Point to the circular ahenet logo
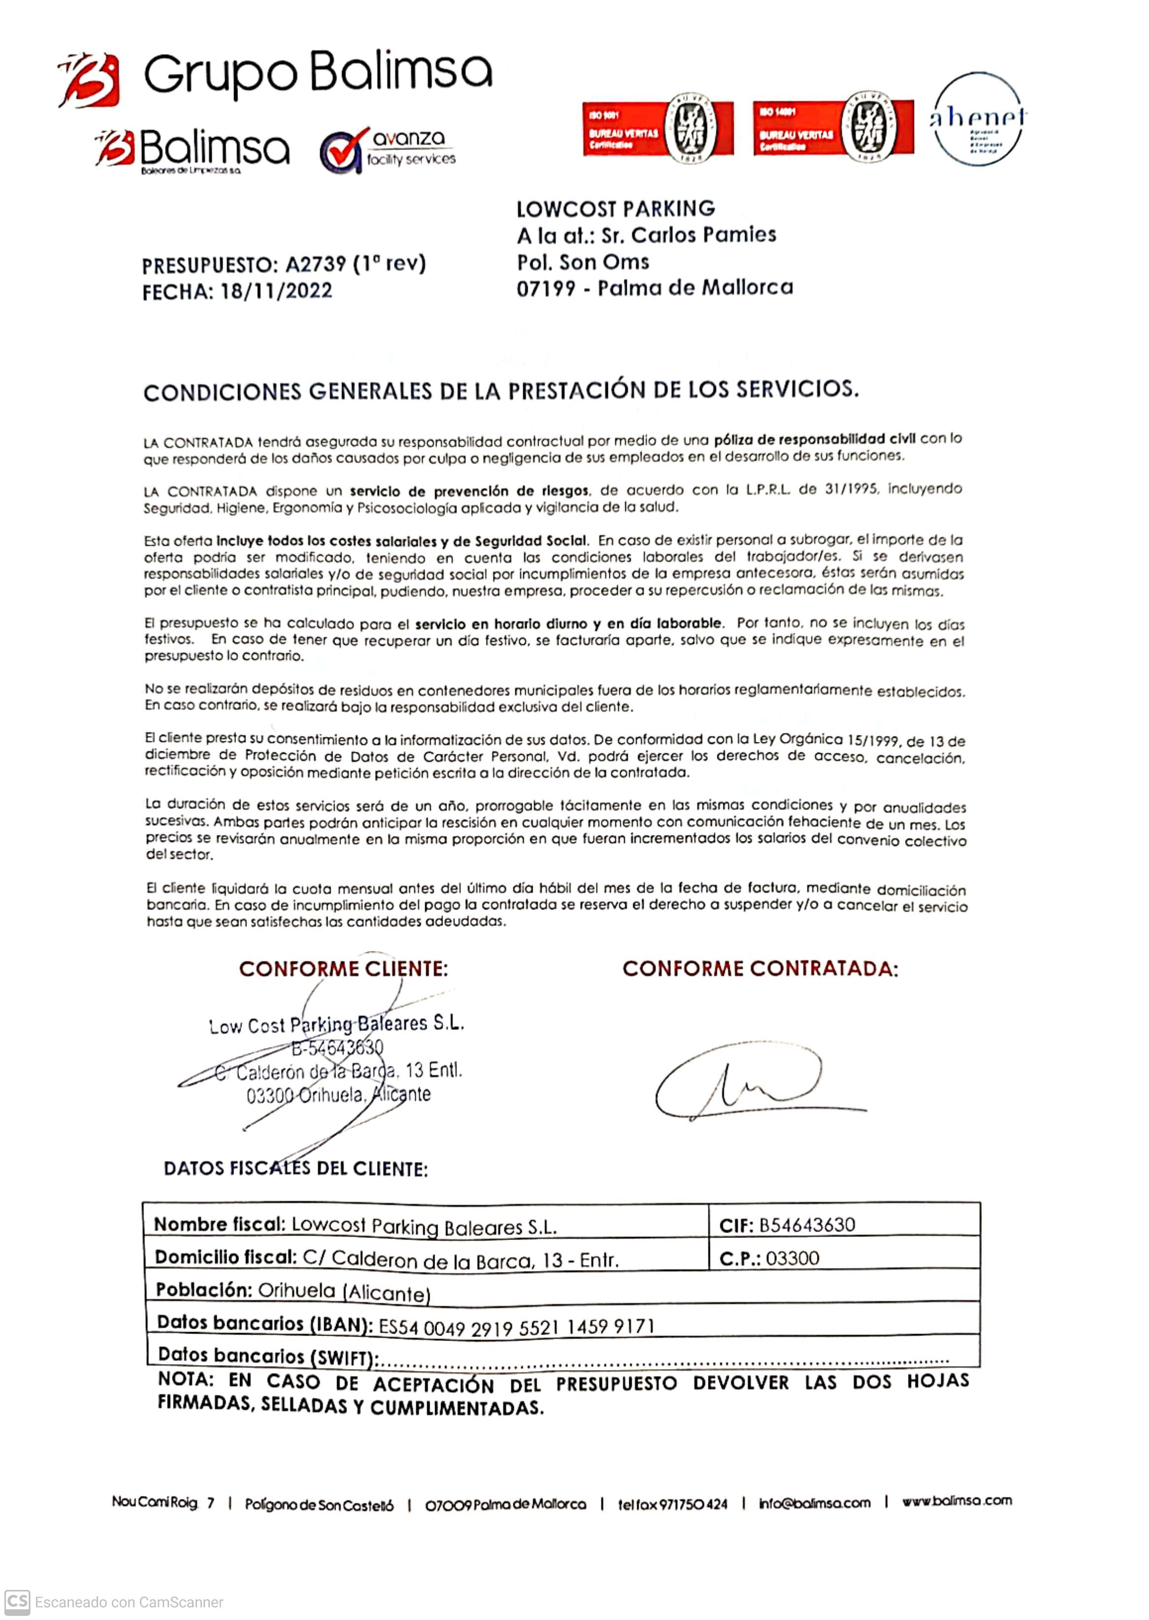pos(978,119)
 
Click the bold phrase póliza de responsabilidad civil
pos(814,439)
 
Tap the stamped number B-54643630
pos(338,1047)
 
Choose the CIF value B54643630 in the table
pos(807,1225)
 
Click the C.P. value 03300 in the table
pos(792,1258)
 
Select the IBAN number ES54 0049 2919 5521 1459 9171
pos(516,1326)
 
